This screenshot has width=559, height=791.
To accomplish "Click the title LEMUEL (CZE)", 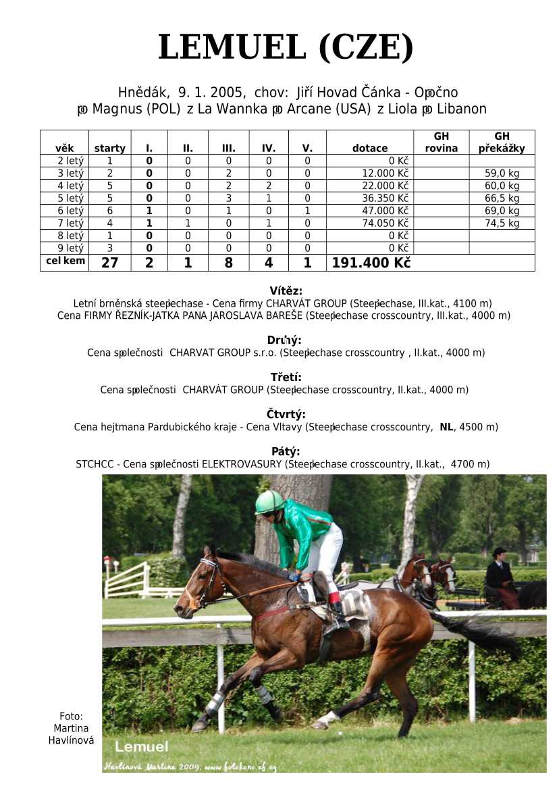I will (285, 48).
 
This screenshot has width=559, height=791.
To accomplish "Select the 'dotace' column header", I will (369, 149).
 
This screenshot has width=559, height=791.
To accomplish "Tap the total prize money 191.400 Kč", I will (371, 263).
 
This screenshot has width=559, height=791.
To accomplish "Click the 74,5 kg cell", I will (502, 223).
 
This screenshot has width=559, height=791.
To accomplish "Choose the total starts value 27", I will (109, 263).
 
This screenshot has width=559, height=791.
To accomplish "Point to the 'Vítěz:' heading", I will (286, 291).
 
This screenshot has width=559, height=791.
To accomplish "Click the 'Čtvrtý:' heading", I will (286, 414).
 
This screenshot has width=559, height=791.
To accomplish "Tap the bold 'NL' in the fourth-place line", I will (446, 427).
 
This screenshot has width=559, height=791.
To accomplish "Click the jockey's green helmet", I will (269, 502).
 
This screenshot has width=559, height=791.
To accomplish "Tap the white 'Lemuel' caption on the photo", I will (141, 746).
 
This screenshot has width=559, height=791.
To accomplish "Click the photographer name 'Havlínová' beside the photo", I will (71, 740).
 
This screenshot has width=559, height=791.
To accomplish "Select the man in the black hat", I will (499, 571).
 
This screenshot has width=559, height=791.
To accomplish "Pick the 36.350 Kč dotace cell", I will (385, 199).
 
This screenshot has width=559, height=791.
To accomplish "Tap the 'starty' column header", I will (109, 149).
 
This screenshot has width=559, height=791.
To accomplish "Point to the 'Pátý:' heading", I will (286, 451).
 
